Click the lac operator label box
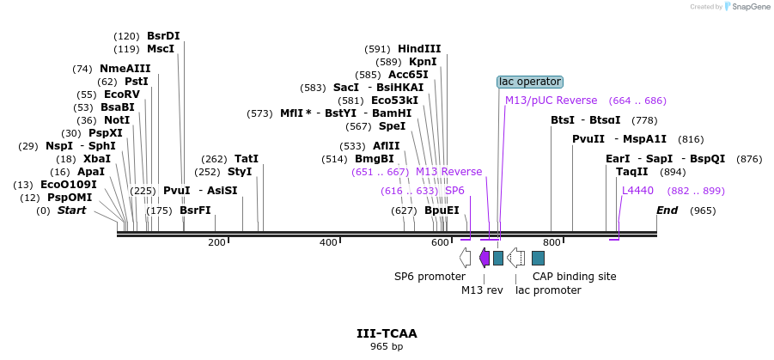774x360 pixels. pyautogui.click(x=530, y=82)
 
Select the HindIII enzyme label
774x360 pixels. pyautogui.click(x=419, y=49)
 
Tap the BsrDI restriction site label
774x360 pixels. pyautogui.click(x=163, y=36)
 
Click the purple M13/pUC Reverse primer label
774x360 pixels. pyautogui.click(x=551, y=101)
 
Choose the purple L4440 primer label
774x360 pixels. pyautogui.click(x=637, y=191)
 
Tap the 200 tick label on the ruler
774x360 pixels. pyautogui.click(x=216, y=242)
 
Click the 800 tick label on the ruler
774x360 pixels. pyautogui.click(x=552, y=242)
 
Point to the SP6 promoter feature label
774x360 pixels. pyautogui.click(x=430, y=277)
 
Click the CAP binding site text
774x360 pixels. pyautogui.click(x=574, y=277)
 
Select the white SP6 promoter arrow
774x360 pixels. pyautogui.click(x=465, y=257)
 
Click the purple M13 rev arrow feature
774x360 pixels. pyautogui.click(x=485, y=257)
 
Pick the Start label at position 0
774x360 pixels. pyautogui.click(x=71, y=211)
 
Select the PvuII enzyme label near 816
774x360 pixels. pyautogui.click(x=588, y=139)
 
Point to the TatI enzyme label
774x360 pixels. pyautogui.click(x=247, y=159)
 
